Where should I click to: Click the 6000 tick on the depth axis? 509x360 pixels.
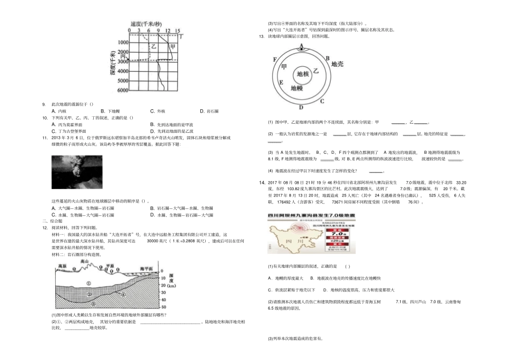(x=122, y=90)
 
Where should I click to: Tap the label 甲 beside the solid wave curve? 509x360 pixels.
(x=171, y=47)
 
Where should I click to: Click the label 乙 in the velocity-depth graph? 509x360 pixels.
(x=154, y=47)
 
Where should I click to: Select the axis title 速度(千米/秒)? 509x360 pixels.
(x=146, y=24)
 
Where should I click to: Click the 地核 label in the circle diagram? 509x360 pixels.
(x=303, y=74)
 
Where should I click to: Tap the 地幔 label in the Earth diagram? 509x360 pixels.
(x=297, y=86)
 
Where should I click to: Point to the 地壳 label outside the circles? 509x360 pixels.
(x=338, y=64)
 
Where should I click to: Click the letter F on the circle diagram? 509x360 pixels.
(x=274, y=59)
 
